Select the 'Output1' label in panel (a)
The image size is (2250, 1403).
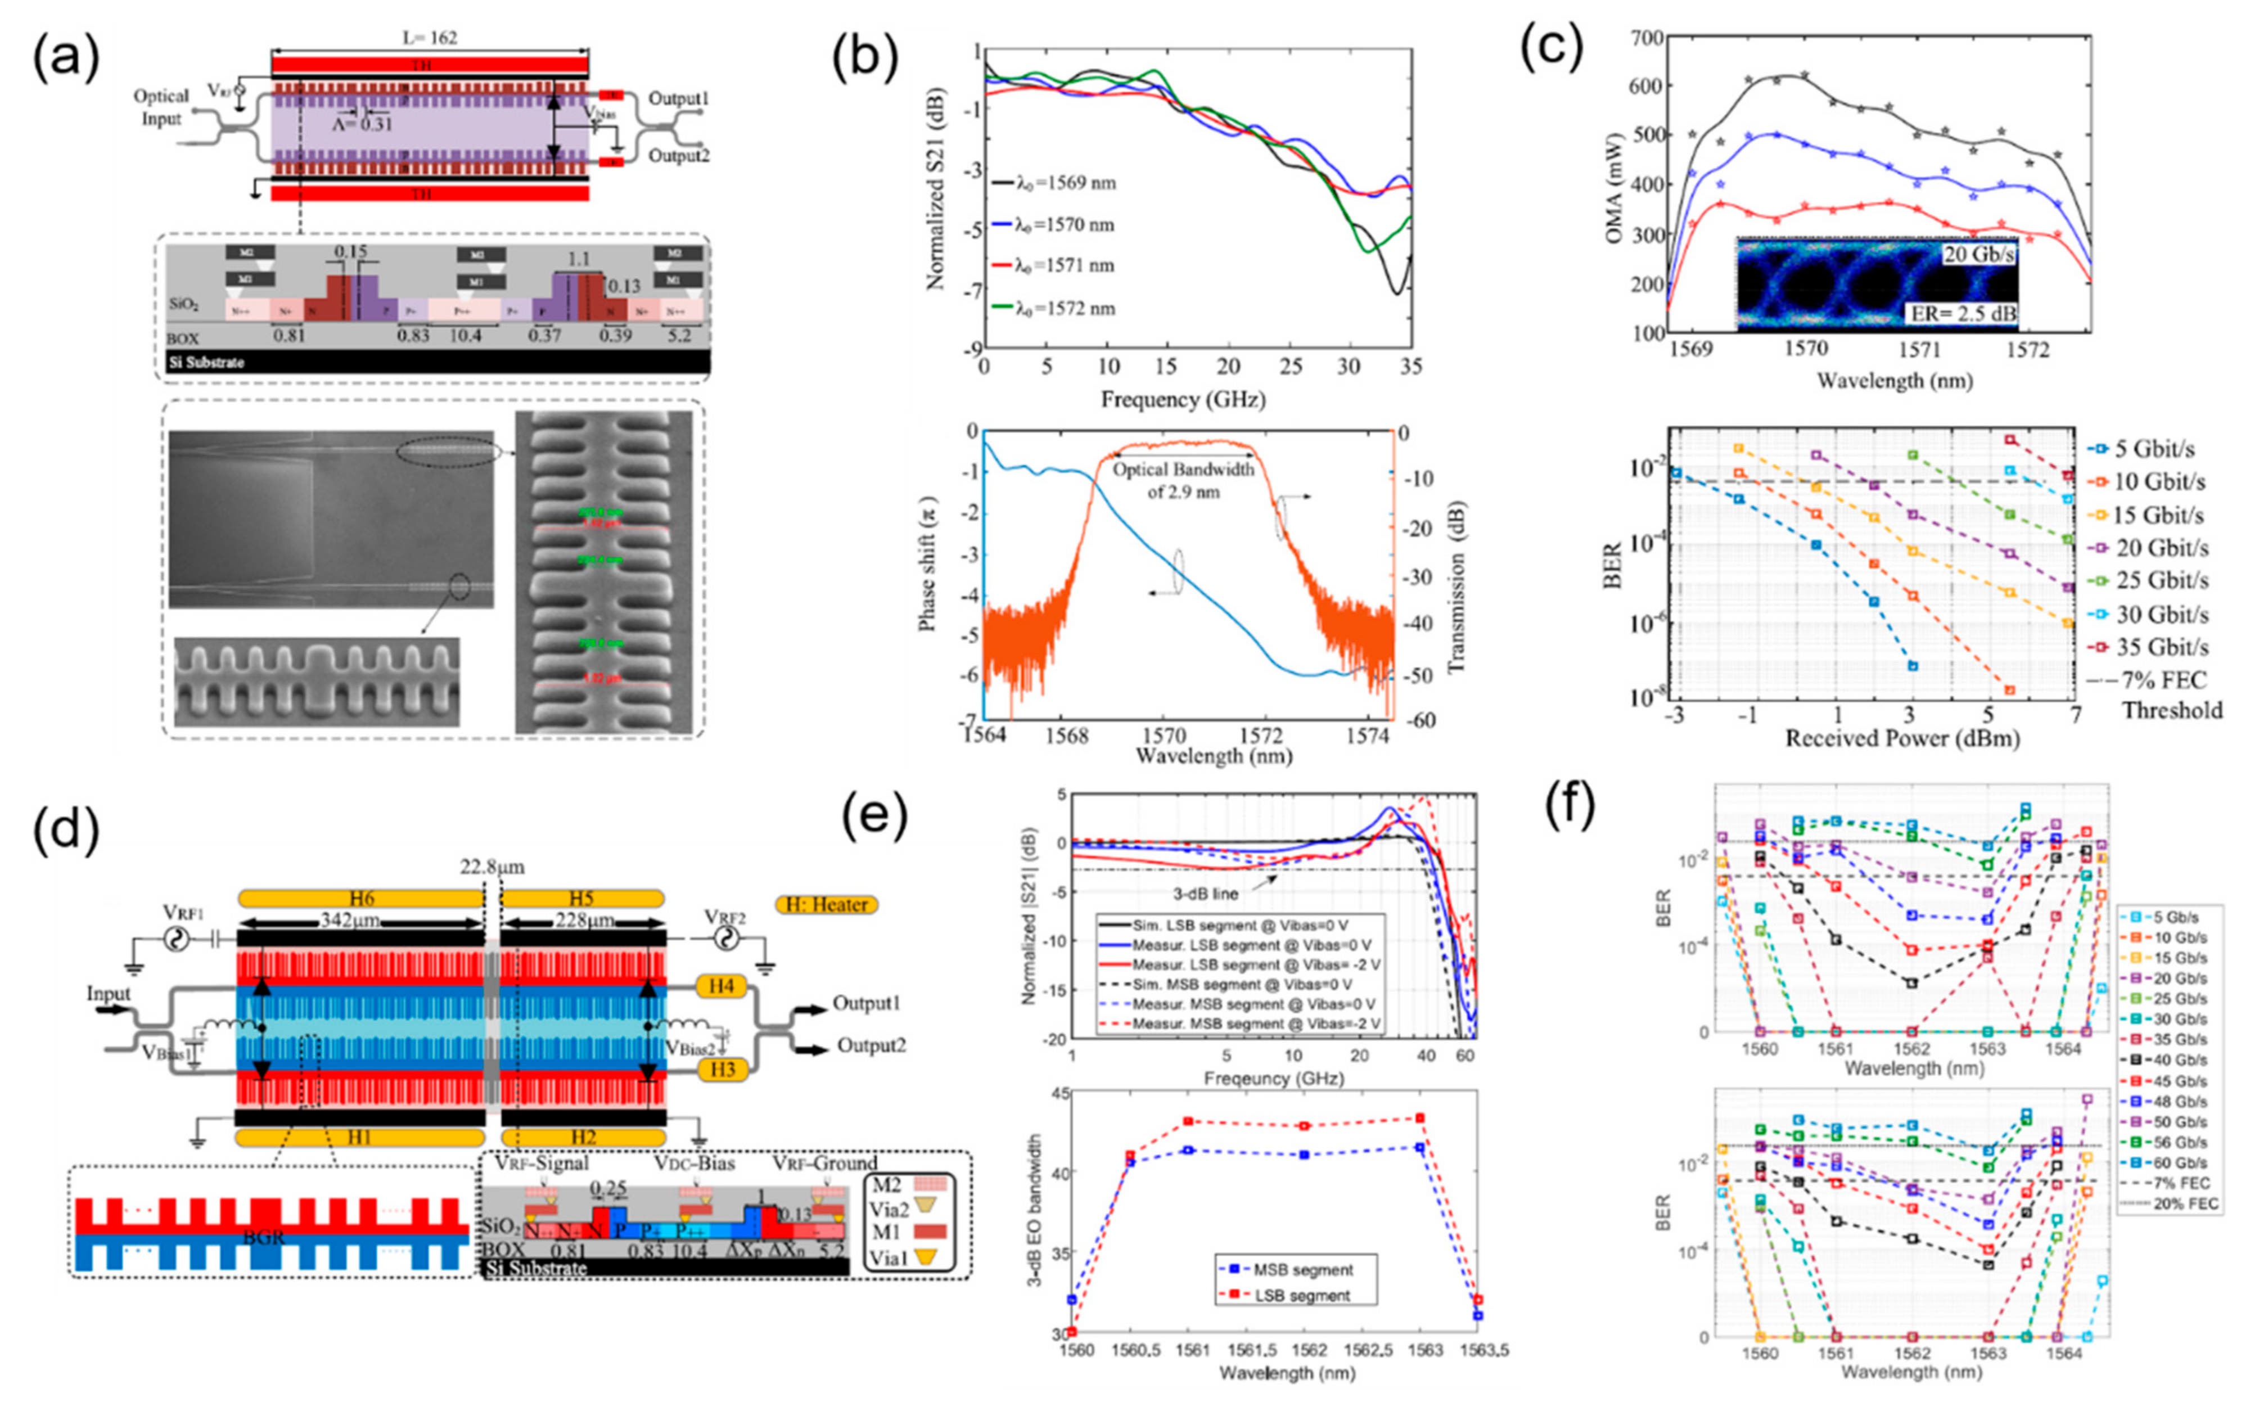pyautogui.click(x=679, y=98)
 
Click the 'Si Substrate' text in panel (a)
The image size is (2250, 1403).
pyautogui.click(x=206, y=362)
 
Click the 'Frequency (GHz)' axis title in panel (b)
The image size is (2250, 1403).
pyautogui.click(x=1184, y=400)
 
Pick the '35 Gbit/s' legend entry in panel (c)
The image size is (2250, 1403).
pyautogui.click(x=2162, y=647)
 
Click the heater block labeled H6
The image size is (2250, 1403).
pyautogui.click(x=361, y=898)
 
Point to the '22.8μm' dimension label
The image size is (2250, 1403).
pyautogui.click(x=492, y=867)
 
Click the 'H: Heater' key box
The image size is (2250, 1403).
pyautogui.click(x=826, y=904)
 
